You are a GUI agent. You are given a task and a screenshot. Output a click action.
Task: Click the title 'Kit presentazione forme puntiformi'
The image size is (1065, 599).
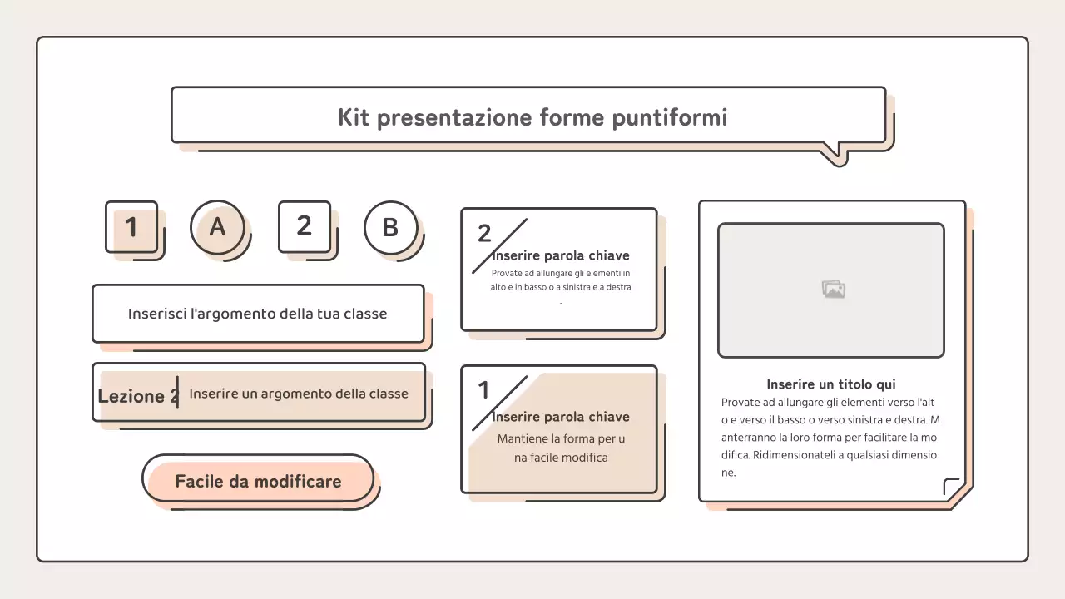pyautogui.click(x=532, y=117)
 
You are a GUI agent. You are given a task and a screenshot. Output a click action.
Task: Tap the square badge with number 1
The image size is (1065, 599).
pyautogui.click(x=131, y=226)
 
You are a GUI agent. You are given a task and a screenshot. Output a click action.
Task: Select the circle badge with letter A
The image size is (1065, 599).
pyautogui.click(x=217, y=226)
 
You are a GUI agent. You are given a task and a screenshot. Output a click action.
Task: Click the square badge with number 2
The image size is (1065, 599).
pyautogui.click(x=304, y=225)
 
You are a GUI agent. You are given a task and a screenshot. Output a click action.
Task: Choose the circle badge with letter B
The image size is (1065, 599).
pyautogui.click(x=390, y=227)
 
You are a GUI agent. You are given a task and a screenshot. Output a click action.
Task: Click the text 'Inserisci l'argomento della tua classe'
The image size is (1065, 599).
pyautogui.click(x=257, y=314)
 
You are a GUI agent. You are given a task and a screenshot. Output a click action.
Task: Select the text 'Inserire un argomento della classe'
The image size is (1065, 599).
pyautogui.click(x=299, y=394)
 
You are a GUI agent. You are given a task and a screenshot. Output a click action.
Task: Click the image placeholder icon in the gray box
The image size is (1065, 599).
pyautogui.click(x=833, y=290)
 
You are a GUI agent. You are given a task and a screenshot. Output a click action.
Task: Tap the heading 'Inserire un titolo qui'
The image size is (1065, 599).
pyautogui.click(x=830, y=384)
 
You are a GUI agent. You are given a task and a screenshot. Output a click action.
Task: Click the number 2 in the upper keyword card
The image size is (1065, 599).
pyautogui.click(x=484, y=234)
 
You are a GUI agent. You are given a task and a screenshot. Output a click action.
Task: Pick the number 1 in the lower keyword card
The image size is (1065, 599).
pyautogui.click(x=483, y=389)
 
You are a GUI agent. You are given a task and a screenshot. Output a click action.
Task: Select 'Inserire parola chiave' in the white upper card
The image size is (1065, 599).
pyautogui.click(x=560, y=255)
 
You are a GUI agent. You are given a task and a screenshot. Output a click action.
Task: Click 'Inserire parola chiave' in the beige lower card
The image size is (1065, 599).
pyautogui.click(x=560, y=417)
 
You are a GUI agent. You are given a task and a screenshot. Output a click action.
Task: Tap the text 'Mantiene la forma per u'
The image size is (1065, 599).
pyautogui.click(x=561, y=438)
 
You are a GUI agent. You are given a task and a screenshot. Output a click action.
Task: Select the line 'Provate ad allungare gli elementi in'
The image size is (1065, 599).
pyautogui.click(x=560, y=273)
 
